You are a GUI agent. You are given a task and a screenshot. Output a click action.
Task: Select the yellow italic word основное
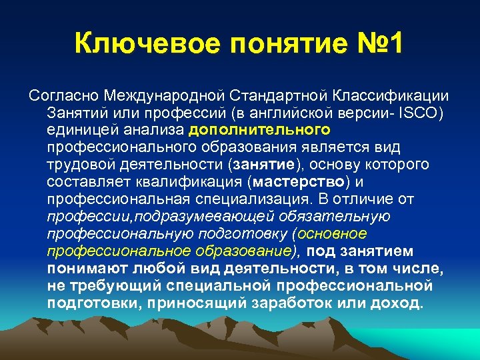[x=333, y=233]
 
